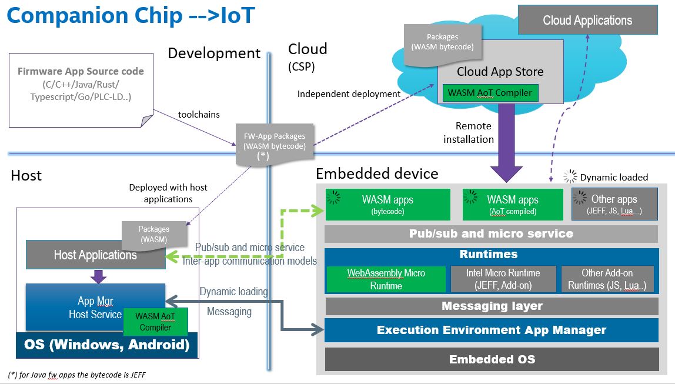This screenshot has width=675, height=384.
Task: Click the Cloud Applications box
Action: (x=587, y=21)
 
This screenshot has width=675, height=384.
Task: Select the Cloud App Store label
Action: (x=500, y=72)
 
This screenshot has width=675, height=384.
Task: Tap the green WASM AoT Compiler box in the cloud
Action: (x=489, y=93)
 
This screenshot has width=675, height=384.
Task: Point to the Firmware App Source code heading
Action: (x=81, y=71)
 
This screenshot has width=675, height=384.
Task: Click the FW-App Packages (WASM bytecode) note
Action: (x=275, y=141)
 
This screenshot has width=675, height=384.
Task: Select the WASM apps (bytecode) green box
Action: (x=387, y=204)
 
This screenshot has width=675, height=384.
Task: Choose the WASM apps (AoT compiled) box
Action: (x=513, y=204)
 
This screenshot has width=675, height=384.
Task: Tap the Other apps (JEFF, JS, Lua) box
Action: (x=614, y=204)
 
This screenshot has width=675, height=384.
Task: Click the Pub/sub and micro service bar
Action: (x=491, y=233)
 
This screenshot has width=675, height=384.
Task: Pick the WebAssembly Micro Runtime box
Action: (x=386, y=279)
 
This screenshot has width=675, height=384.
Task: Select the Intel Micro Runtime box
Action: (x=503, y=279)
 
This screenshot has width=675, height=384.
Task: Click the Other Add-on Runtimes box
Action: (x=607, y=279)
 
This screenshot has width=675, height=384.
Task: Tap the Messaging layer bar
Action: (x=491, y=306)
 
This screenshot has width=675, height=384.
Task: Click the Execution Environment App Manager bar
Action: (x=491, y=330)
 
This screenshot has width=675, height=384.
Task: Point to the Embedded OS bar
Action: (x=491, y=359)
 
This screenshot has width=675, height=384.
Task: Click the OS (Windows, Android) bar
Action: (x=106, y=344)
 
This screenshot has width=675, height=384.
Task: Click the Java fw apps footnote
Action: (x=76, y=375)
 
